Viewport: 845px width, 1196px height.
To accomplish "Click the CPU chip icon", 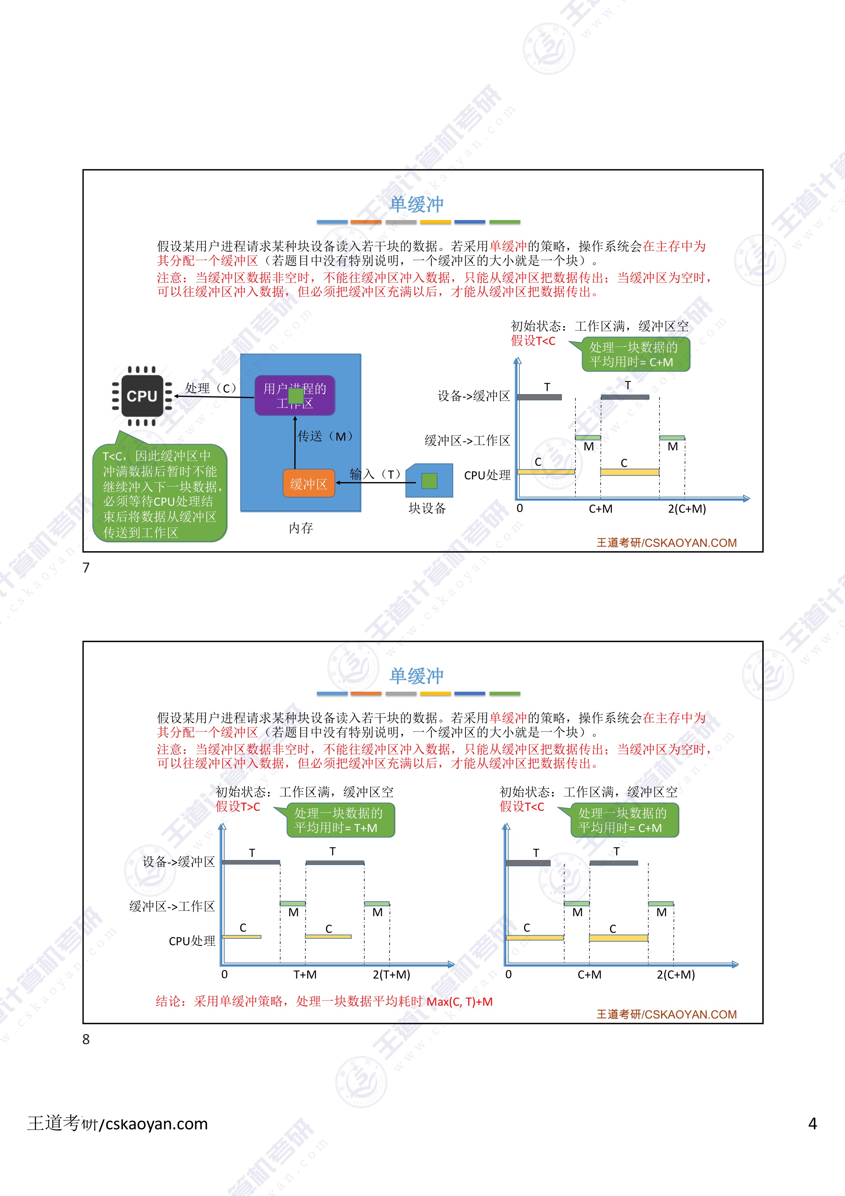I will coord(142,396).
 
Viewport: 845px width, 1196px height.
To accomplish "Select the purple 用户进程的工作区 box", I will coord(295,395).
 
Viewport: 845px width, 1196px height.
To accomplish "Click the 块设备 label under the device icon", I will coord(427,508).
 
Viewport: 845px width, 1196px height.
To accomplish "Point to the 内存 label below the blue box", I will coord(301,528).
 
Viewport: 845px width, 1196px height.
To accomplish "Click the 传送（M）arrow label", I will coord(325,436).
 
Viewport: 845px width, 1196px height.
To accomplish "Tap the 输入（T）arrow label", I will coord(375,474).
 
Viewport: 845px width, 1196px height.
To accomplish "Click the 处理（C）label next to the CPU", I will coord(211,388).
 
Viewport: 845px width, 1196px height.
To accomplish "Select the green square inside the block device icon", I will coord(429,481).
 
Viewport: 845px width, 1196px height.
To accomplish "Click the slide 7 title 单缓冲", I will coord(417,204).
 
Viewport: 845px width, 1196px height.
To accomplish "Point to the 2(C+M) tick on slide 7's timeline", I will coord(687,509).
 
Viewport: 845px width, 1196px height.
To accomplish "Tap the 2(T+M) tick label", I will coord(391,975).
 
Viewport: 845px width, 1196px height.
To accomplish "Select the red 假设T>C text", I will coord(238,807).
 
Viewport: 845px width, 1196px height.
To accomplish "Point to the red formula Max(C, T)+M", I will coord(459,1002).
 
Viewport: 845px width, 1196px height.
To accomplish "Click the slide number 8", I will coord(86,1040).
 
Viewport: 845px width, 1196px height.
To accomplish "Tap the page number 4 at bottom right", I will coord(812,1124).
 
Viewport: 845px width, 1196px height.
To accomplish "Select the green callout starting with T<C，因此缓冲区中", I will coord(160,493).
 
